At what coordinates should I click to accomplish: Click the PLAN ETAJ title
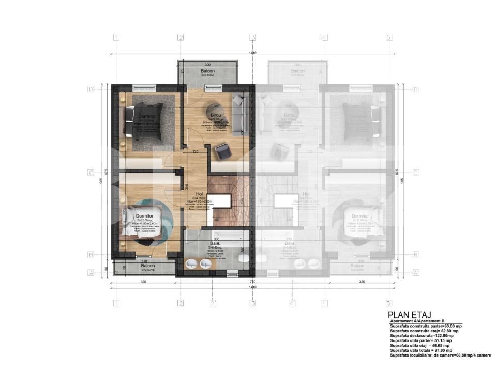click(x=409, y=315)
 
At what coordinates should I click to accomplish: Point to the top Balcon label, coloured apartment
click(x=207, y=71)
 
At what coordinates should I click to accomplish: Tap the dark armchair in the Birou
click(x=223, y=150)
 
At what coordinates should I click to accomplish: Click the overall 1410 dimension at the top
click(x=252, y=53)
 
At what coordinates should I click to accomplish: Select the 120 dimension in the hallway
click(x=196, y=152)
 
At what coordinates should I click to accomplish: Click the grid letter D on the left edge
click(x=90, y=89)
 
